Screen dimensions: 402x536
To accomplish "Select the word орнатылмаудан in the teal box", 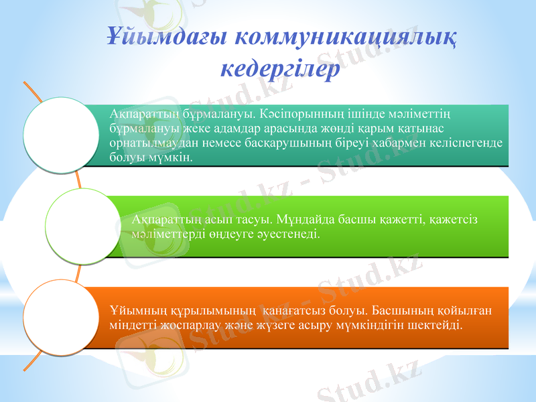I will pyautogui.click(x=147, y=143).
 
